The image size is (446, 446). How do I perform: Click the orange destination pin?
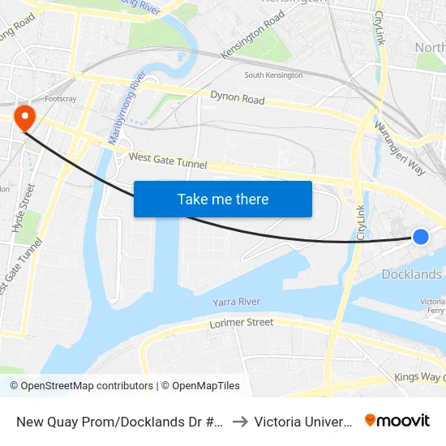coord(25,118)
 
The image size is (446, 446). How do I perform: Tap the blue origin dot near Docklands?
coord(421,236)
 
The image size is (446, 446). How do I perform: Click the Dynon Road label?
coord(238,100)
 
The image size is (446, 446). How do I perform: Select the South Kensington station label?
coord(273,75)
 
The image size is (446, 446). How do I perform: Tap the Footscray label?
coord(61,99)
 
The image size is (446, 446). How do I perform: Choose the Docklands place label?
coord(411,274)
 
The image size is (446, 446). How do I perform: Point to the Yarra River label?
coord(237,302)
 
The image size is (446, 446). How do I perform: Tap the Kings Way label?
coord(417,377)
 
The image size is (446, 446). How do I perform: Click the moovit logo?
coord(397,420)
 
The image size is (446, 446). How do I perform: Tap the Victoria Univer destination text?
coord(302,421)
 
